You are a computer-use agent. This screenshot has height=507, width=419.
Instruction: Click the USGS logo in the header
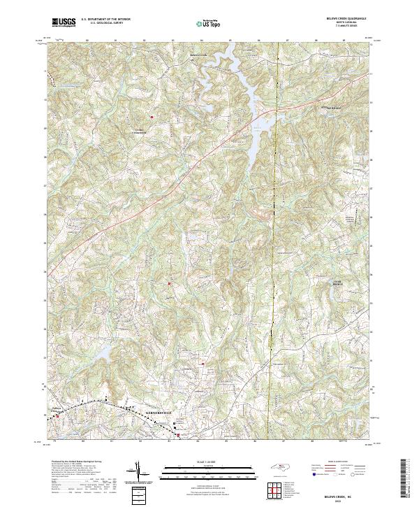pyautogui.click(x=64, y=22)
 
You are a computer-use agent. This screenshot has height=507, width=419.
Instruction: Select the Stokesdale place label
pyautogui.click(x=335, y=109)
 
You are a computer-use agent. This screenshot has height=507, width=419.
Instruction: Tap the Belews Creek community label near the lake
pyautogui.click(x=198, y=53)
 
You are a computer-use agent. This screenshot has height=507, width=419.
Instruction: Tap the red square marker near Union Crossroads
pyautogui.click(x=152, y=116)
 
